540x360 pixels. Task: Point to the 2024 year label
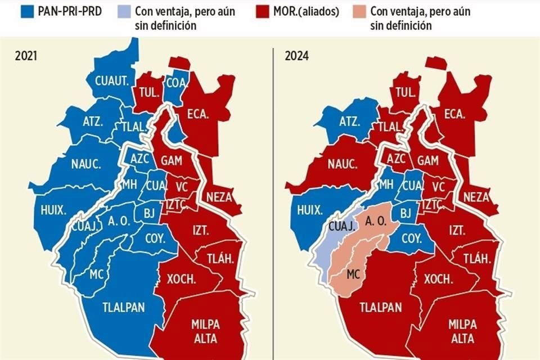pyautogui.click(x=296, y=55)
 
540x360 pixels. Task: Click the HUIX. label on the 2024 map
pyautogui.click(x=309, y=210)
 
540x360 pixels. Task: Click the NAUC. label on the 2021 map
pyautogui.click(x=86, y=164)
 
